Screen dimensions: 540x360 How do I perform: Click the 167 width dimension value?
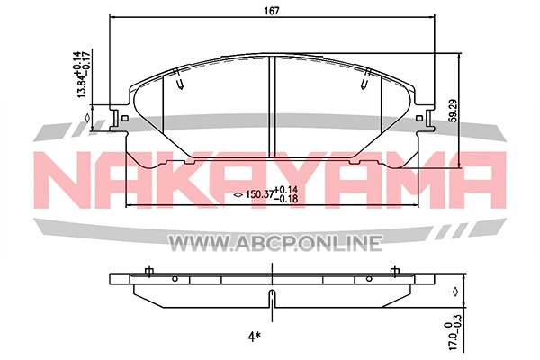(272, 11)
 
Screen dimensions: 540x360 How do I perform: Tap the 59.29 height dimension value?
(454, 111)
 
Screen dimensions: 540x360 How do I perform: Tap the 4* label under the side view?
(254, 337)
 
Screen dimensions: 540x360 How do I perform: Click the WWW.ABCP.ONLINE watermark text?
(274, 243)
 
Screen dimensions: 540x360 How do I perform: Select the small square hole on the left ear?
(125, 119)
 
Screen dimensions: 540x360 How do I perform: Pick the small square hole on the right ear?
(419, 119)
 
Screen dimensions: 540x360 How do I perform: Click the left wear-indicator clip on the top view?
(178, 80)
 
